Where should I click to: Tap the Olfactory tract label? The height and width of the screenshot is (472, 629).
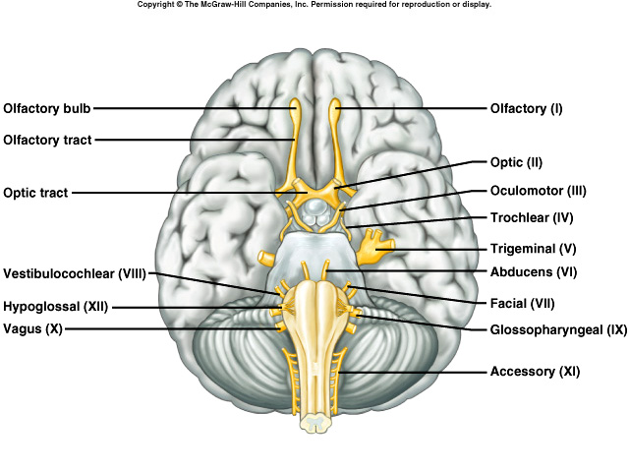click(x=47, y=140)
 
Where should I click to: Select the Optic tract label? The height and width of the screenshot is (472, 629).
click(x=35, y=193)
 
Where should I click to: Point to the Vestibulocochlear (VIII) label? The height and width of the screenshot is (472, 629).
click(x=74, y=272)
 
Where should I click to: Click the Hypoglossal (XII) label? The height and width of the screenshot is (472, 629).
click(x=55, y=306)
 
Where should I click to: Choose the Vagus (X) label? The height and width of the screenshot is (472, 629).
click(x=32, y=329)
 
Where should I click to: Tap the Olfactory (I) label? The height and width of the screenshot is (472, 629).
click(x=526, y=108)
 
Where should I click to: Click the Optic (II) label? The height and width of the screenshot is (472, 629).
click(x=516, y=162)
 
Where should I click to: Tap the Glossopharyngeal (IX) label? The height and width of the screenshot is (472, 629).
click(x=557, y=330)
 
